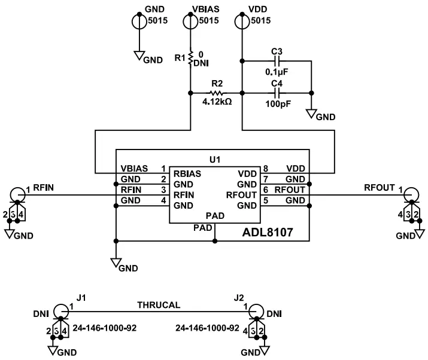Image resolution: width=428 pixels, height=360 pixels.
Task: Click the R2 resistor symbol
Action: click(216, 93)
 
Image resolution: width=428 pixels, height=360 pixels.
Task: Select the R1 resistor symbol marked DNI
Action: click(190, 58)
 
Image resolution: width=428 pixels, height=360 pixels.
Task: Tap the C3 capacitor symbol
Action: click(277, 61)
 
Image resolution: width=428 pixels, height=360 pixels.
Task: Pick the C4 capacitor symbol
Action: click(277, 93)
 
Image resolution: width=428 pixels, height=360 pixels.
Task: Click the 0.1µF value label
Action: click(277, 72)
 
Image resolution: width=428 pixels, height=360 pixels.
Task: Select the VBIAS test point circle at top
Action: click(190, 21)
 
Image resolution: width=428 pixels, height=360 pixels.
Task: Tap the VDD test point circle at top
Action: click(242, 21)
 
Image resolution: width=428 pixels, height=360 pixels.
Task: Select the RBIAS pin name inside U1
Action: click(187, 173)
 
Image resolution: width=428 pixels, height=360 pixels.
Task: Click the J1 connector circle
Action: click(61, 311)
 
